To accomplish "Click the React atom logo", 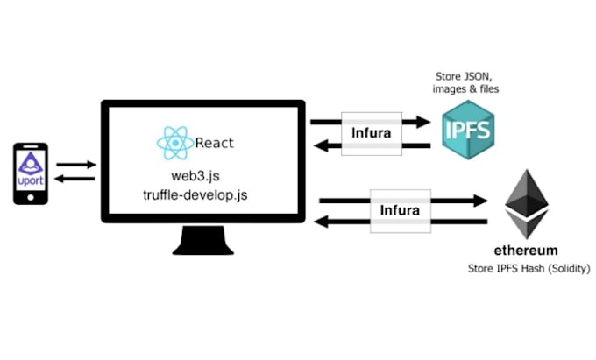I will (174, 143).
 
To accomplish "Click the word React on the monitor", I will (215, 143).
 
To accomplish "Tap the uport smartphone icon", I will (30, 173).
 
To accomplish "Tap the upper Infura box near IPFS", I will (372, 134).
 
